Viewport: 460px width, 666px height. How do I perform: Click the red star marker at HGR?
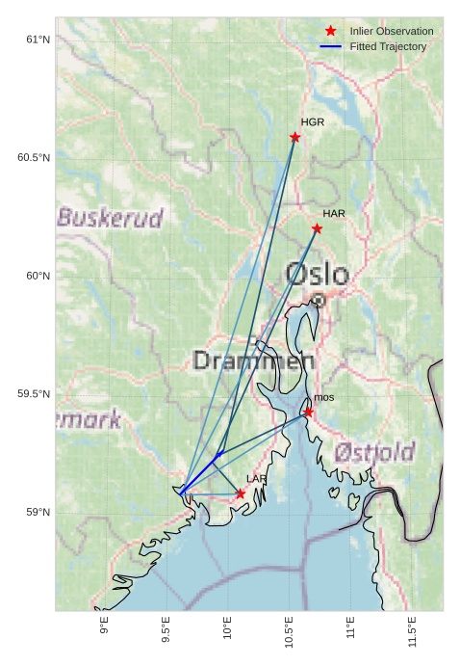point(295,137)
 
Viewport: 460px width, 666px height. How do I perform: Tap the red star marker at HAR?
point(317,228)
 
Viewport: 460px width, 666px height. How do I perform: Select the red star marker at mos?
point(308,412)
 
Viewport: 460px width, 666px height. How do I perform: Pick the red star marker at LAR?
point(240,493)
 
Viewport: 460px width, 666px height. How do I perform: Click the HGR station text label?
point(312,122)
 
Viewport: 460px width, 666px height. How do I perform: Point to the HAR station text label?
point(334,213)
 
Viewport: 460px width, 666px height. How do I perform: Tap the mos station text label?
point(324,397)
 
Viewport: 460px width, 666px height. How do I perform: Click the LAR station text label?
point(257,478)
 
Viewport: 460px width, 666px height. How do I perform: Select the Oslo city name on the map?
point(317,274)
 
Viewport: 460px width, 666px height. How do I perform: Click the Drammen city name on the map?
point(254,361)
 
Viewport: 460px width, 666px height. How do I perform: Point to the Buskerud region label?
point(110,218)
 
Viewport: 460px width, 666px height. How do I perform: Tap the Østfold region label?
point(374,452)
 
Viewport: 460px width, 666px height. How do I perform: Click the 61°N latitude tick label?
point(38,40)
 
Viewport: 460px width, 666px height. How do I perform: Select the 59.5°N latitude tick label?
point(34,394)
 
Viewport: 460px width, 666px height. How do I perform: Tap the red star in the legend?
point(330,31)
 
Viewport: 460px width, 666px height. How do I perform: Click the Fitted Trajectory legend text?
point(388,46)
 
